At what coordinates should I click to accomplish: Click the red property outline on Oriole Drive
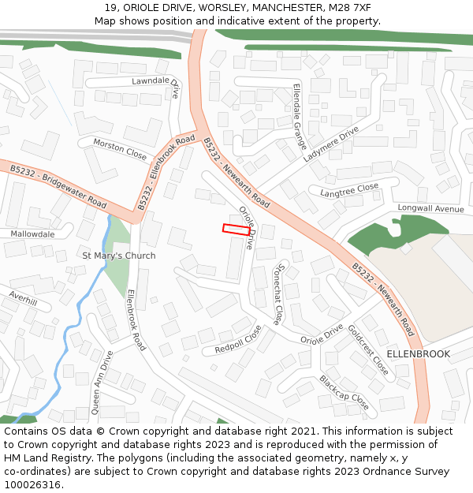tap(236, 230)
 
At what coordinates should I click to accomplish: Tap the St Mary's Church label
tap(119, 256)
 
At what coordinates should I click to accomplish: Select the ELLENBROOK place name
tap(419, 354)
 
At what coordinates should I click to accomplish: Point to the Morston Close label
tap(120, 148)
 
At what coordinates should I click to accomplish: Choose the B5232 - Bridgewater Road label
tap(58, 186)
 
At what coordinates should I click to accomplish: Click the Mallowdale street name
tap(32, 234)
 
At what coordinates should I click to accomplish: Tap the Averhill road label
tap(23, 301)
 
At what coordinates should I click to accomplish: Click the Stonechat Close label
tap(281, 294)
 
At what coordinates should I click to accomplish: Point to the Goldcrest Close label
tap(367, 349)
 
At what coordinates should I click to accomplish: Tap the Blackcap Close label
tap(343, 392)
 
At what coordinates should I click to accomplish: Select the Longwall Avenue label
tap(430, 209)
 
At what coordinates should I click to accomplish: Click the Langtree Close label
tap(349, 190)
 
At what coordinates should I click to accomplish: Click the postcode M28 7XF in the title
tap(350, 8)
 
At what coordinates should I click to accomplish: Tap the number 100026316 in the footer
tap(32, 485)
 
